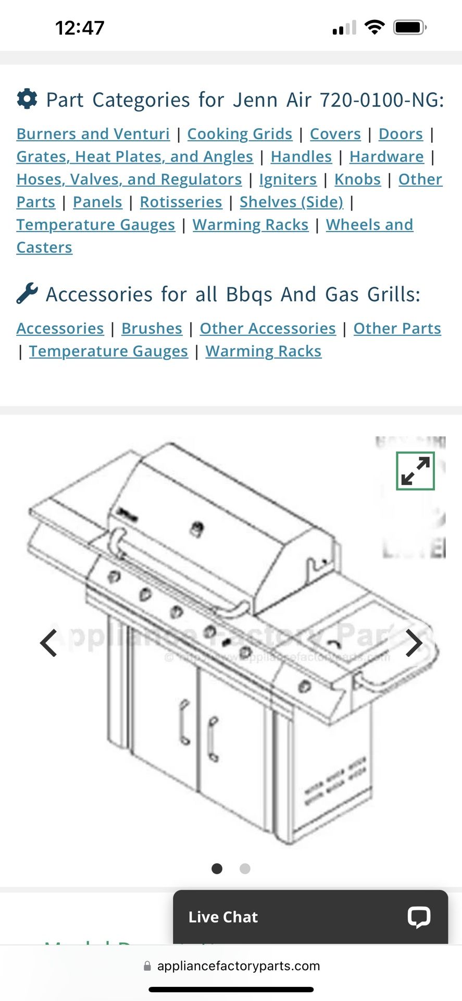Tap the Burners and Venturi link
coord(93,134)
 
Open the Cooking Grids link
coord(240,134)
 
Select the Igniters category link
coord(288,179)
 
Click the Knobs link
coord(357,179)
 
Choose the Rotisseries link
coord(181,202)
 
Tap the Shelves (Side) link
coord(291,202)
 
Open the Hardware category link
coord(386,156)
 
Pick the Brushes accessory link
coord(152,328)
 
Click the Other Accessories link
coord(268,328)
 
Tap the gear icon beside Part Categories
coord(27,99)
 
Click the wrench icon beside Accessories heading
coord(27,294)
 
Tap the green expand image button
coord(415,471)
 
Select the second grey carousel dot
coord(245,869)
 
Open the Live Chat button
coord(310,917)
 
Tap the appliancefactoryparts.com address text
coord(238,966)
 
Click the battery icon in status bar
coord(409,27)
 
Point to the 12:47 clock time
coord(80,28)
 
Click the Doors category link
coord(400,134)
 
